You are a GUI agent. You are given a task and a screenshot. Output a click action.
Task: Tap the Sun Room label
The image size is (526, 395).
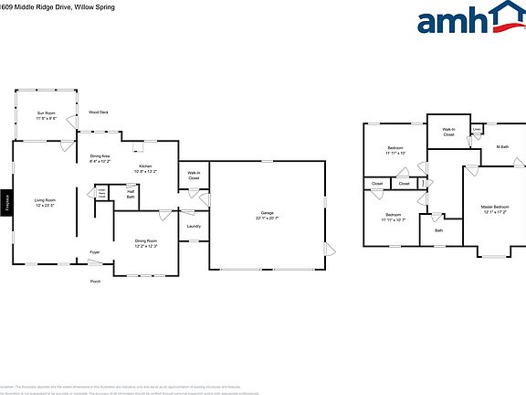pyautogui.click(x=47, y=115)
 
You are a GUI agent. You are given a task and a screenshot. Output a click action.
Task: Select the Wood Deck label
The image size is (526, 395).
pyautogui.click(x=98, y=112)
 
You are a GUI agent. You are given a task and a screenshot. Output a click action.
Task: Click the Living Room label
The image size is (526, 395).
pyautogui.click(x=46, y=203)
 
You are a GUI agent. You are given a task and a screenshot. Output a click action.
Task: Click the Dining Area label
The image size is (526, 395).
pyautogui.click(x=100, y=159)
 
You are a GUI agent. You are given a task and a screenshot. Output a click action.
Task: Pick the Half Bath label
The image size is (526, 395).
pyautogui.click(x=131, y=195)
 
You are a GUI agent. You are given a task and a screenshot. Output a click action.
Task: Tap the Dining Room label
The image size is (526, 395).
pyautogui.click(x=146, y=243)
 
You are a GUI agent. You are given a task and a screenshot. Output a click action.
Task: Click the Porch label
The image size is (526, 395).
pyautogui.click(x=95, y=281)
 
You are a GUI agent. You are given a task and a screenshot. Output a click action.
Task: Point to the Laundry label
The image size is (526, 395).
pyautogui.click(x=194, y=226)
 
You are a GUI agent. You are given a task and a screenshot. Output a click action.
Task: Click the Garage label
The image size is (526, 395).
pyautogui.click(x=267, y=216)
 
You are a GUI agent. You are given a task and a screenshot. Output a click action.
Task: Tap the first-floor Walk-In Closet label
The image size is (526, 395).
pyautogui.click(x=194, y=176)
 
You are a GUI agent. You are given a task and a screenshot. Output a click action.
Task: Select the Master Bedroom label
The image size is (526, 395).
pyautogui.click(x=494, y=209)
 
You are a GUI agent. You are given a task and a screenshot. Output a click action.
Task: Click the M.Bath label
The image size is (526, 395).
pyautogui.click(x=502, y=146)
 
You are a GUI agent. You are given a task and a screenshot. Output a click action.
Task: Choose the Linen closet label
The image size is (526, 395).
pyautogui.click(x=477, y=129)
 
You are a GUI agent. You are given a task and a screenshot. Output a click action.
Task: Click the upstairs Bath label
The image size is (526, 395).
pyautogui.click(x=438, y=230)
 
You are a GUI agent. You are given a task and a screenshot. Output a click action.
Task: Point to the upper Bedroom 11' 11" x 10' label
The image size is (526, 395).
pyautogui.click(x=394, y=151)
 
